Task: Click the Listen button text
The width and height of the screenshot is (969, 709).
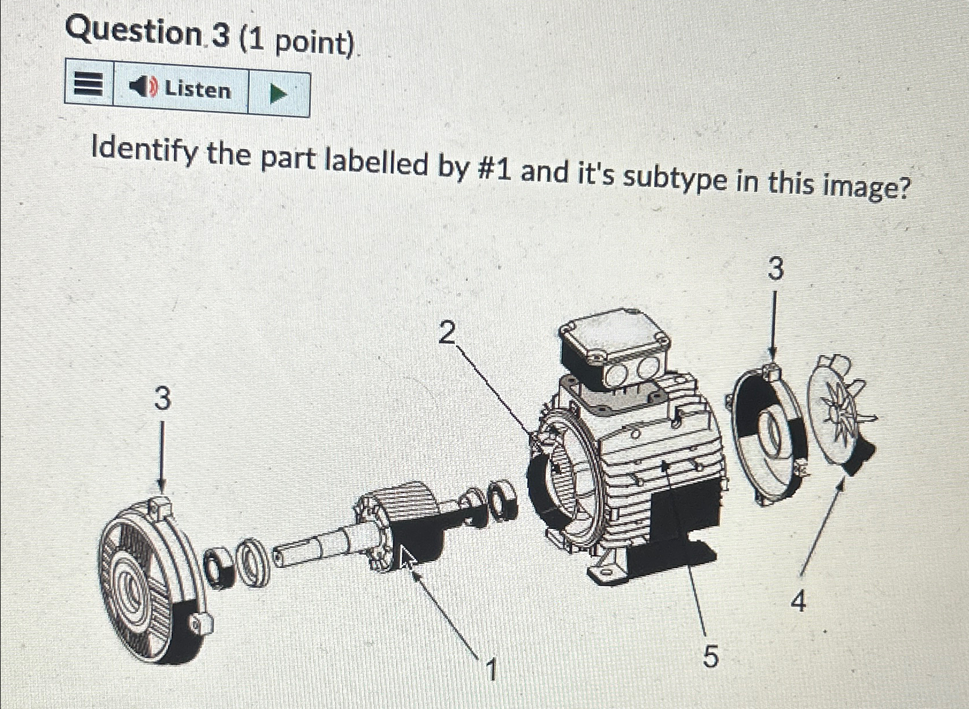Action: tap(197, 90)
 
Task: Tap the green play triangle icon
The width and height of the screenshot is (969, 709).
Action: tap(278, 93)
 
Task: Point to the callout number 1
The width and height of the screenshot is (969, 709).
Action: tap(491, 670)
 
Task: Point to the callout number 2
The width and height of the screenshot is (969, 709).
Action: tap(447, 333)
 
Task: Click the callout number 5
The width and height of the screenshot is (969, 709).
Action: tap(711, 656)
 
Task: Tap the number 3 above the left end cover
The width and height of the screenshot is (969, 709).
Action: tap(162, 399)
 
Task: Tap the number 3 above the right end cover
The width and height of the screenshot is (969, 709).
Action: tap(776, 269)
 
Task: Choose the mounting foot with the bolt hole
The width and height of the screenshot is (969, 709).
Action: tap(606, 570)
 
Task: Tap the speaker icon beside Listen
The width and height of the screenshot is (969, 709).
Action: tap(142, 87)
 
